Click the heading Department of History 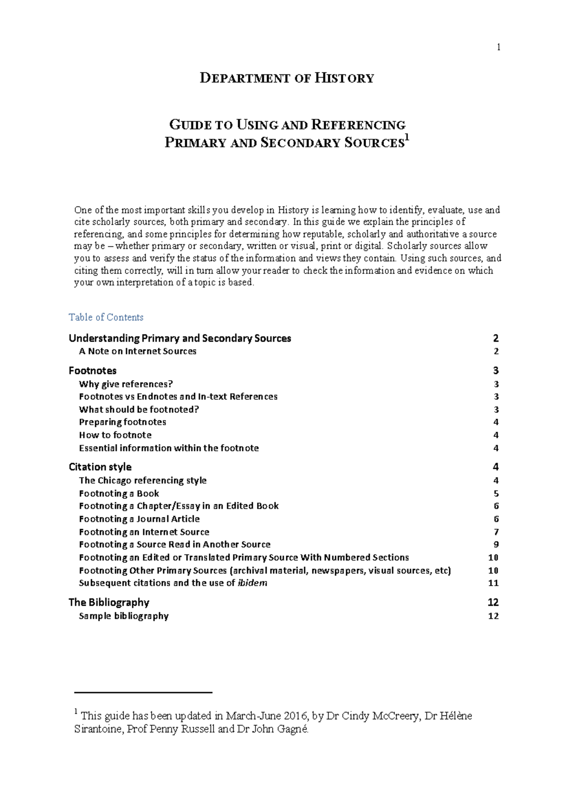[287, 78]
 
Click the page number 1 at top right [498, 47]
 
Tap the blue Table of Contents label [106, 317]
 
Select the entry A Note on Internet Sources [138, 351]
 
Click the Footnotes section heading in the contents [93, 371]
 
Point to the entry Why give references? [126, 384]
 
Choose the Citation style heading [100, 467]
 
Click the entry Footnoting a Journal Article [140, 519]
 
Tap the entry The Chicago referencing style [143, 480]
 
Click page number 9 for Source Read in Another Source [496, 545]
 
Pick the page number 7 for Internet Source [496, 532]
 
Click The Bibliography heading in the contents [109, 602]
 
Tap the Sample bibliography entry [124, 616]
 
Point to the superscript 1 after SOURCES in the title [407, 138]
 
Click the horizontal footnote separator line [143, 692]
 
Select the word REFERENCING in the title [358, 125]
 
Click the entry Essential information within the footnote [169, 448]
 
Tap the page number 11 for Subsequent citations [493, 583]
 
